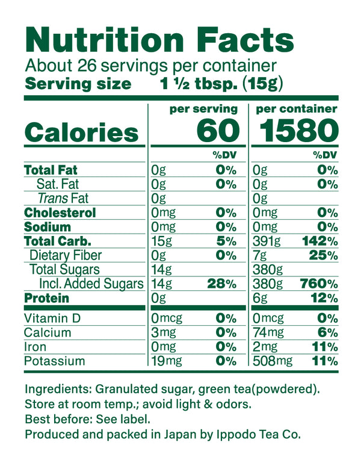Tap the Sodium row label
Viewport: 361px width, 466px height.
coord(48,227)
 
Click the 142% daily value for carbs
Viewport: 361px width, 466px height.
coord(318,241)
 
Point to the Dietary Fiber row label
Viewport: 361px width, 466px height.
coord(66,256)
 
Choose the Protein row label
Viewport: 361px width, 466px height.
coord(46,299)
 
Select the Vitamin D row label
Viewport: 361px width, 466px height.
coord(52,318)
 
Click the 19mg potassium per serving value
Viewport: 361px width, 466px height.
coord(165,361)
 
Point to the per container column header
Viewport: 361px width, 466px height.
coord(296,109)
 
